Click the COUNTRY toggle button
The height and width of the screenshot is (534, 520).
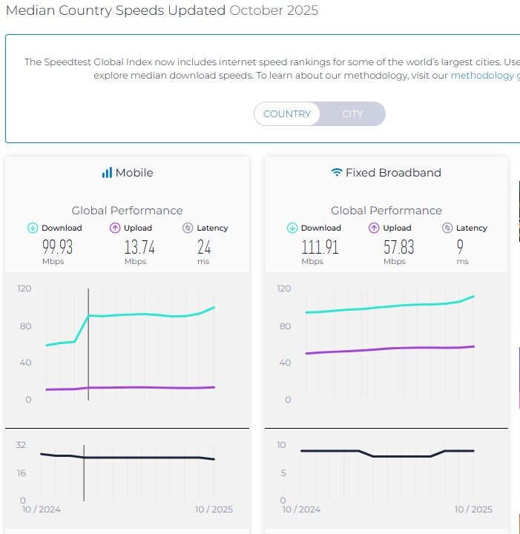coord(287,113)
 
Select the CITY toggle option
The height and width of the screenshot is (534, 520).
coord(352,113)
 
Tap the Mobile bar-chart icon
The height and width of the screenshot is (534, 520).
coord(107,173)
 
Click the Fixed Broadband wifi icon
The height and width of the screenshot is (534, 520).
coord(337,173)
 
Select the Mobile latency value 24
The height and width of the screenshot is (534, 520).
coord(204,247)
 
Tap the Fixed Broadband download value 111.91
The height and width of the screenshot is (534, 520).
coord(320,247)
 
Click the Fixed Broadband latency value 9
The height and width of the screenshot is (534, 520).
coord(461,247)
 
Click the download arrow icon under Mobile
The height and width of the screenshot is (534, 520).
coord(33,228)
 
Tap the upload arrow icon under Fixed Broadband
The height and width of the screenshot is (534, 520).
coord(374,228)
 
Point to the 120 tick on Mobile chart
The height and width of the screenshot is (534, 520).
coord(24,288)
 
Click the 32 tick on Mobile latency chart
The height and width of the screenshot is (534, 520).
coord(22,445)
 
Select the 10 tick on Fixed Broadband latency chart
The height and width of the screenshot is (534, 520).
coord(282,445)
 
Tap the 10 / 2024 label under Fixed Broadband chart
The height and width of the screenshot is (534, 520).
coord(301,509)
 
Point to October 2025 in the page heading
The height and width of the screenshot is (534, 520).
coord(274,10)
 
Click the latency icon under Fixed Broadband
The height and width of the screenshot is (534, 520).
coord(447,228)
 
